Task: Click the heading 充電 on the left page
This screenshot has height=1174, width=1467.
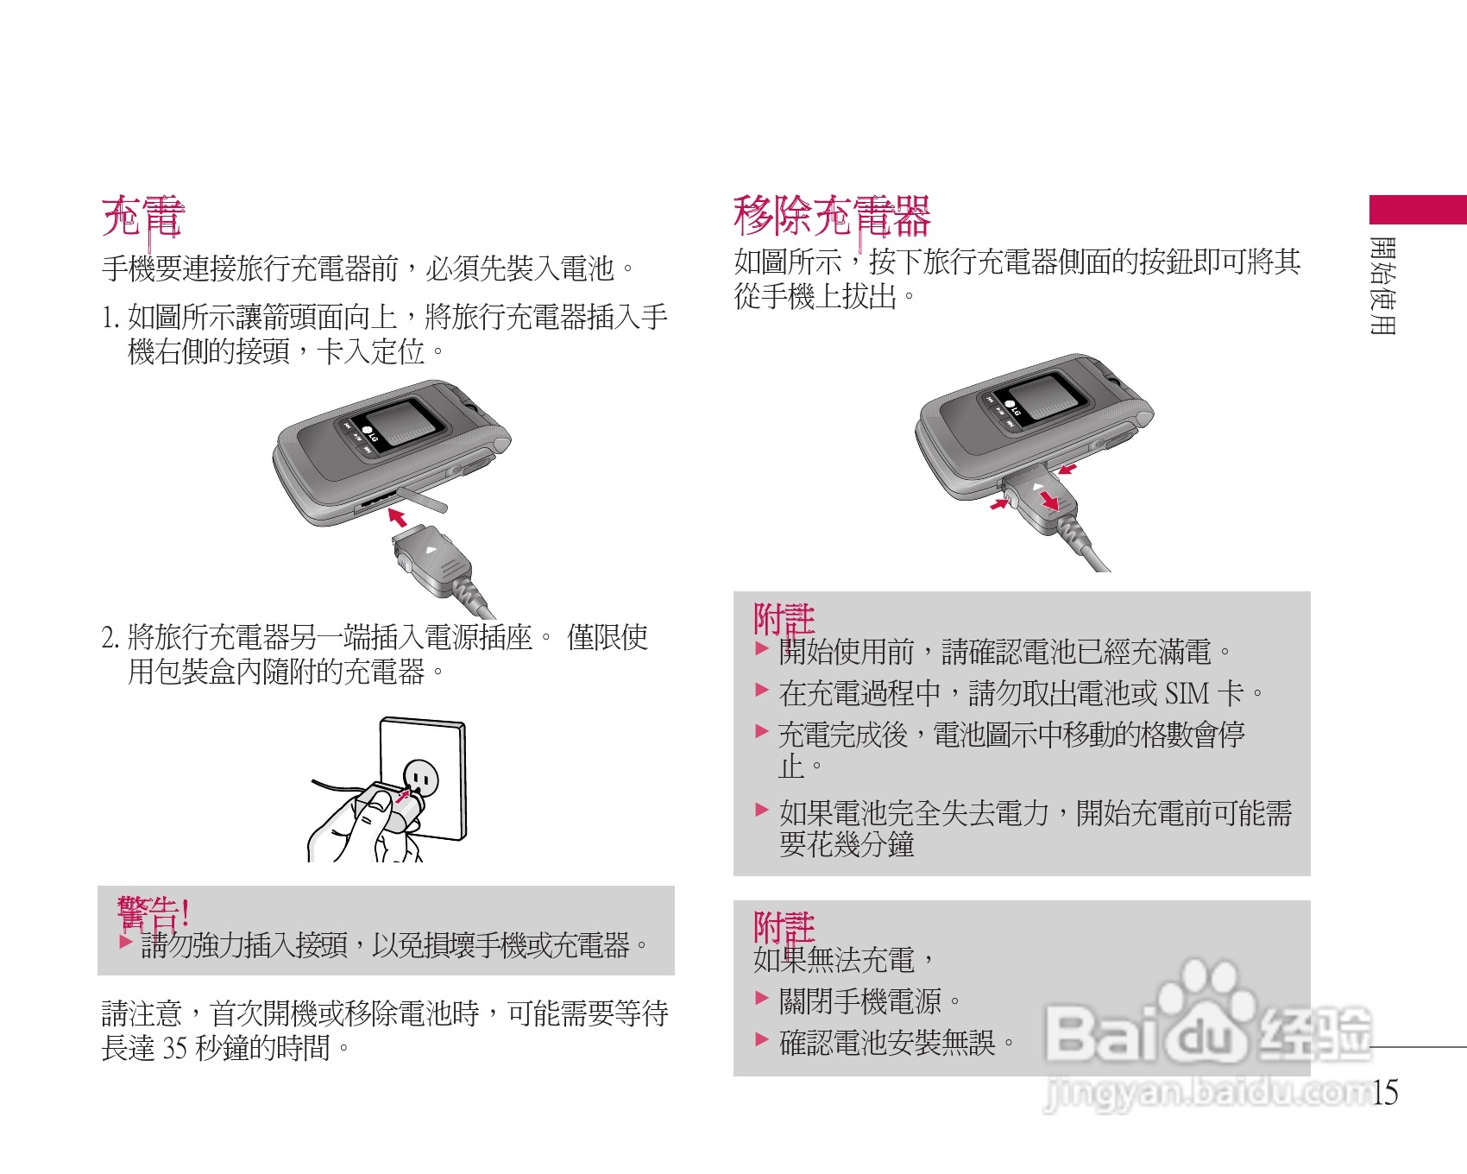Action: coord(142,216)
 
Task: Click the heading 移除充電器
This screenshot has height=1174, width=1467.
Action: coord(831,216)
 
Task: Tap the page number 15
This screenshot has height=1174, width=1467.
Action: coord(1385,1092)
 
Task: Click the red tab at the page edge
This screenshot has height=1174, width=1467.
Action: coord(1417,210)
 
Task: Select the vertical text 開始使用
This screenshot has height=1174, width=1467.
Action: coord(1382,285)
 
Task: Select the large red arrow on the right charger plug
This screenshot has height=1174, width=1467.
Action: coord(1049,501)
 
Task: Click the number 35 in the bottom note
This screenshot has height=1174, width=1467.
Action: coord(175,1048)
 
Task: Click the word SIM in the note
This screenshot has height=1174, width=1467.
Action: coord(1187,693)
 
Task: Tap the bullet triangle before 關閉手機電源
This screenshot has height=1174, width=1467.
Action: coord(761,999)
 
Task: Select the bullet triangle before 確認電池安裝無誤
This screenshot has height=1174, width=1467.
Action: coord(761,1039)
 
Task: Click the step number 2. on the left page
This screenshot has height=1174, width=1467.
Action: coord(110,638)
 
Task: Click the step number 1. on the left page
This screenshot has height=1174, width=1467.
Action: coord(110,318)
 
